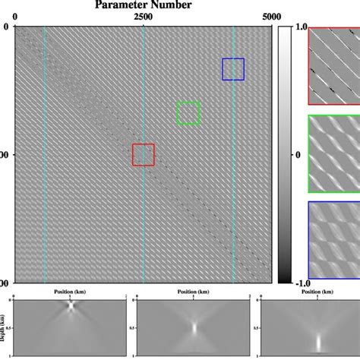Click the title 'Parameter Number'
point(143,5)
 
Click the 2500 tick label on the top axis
point(143,17)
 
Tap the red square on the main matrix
point(143,154)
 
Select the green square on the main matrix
point(188,113)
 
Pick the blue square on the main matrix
point(233,69)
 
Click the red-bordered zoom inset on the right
point(333,65)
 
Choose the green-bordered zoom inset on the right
point(333,153)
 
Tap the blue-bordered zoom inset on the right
point(333,239)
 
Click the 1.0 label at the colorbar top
point(301,27)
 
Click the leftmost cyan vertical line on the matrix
point(45,152)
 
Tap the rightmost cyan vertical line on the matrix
point(234,152)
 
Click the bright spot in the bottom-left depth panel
point(71,308)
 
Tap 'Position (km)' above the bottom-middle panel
point(194,291)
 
